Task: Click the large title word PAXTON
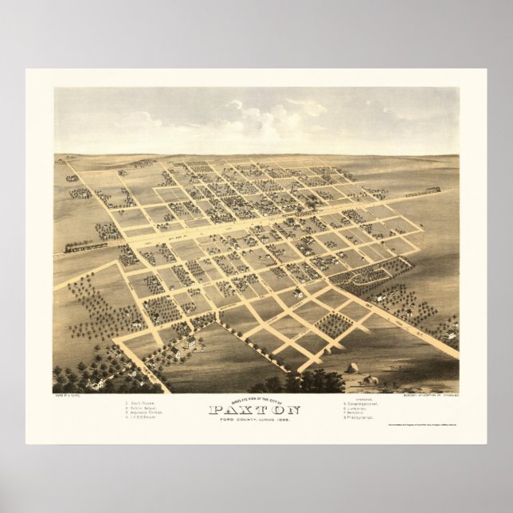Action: point(255,411)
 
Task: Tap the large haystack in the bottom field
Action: point(352,368)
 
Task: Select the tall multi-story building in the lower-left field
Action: point(190,344)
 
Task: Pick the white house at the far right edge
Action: point(451,335)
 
